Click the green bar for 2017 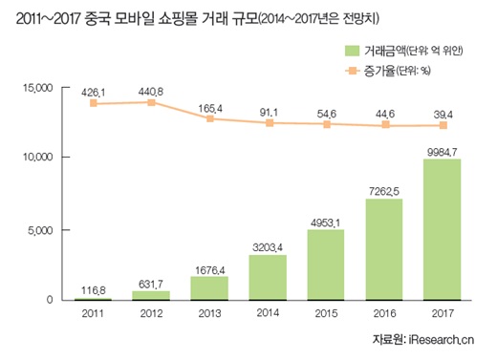tap(442, 230)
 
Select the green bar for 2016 tap(383, 249)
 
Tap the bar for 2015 tap(325, 265)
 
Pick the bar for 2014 tap(268, 277)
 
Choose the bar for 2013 tap(208, 288)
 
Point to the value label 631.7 tap(151, 282)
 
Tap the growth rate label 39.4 tap(442, 113)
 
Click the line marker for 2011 tap(94, 103)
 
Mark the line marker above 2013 tap(209, 118)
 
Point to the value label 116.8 tap(94, 288)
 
